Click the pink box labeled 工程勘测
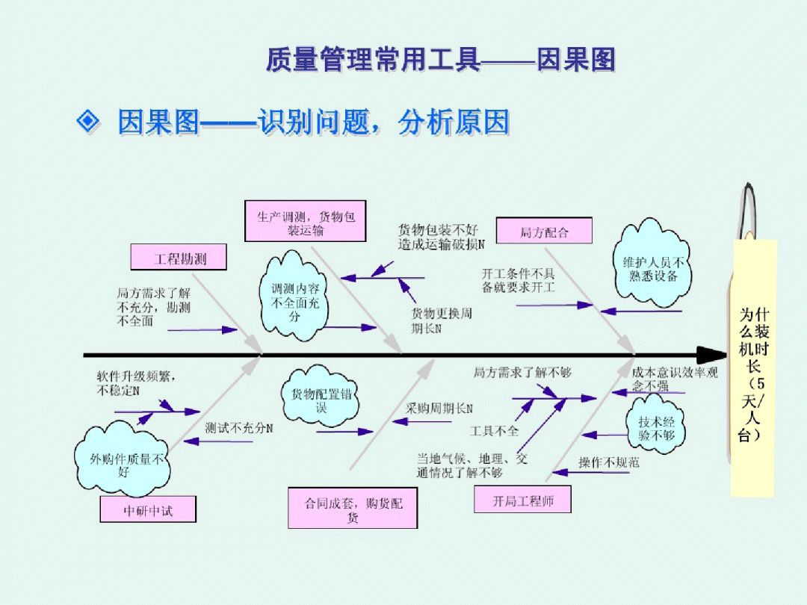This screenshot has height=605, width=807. pyautogui.click(x=179, y=258)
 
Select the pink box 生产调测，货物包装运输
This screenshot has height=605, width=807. pyautogui.click(x=306, y=222)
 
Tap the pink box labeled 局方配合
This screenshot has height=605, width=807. pyautogui.click(x=544, y=232)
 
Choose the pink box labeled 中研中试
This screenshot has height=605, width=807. pyautogui.click(x=148, y=511)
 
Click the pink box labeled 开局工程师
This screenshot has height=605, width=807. pyautogui.click(x=522, y=500)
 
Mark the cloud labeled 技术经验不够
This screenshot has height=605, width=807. pyautogui.click(x=655, y=428)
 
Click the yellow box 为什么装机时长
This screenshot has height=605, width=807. pyautogui.click(x=753, y=370)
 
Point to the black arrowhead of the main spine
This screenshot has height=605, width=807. pyautogui.click(x=714, y=355)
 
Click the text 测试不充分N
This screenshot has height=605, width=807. pyautogui.click(x=238, y=428)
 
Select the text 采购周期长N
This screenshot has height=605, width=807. pyautogui.click(x=439, y=409)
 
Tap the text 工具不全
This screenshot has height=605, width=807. pyautogui.click(x=493, y=431)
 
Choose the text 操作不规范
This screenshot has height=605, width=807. pyautogui.click(x=608, y=462)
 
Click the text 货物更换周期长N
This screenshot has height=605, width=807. pyautogui.click(x=441, y=320)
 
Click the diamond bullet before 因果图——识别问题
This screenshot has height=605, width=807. pyautogui.click(x=89, y=120)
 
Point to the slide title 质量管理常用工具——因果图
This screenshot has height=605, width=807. pyautogui.click(x=440, y=59)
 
